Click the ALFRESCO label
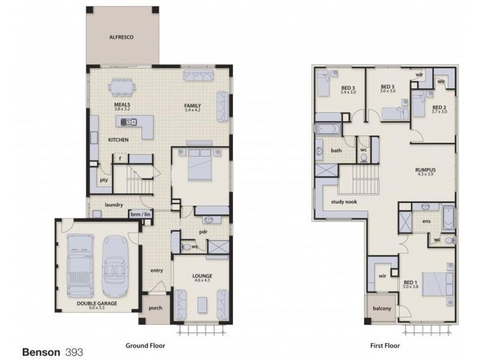(x=121, y=37)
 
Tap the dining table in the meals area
(x=122, y=86)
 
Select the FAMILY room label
(x=193, y=106)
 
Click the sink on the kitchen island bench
(x=127, y=122)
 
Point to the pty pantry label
(x=104, y=179)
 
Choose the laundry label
(x=113, y=205)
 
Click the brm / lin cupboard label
(x=140, y=214)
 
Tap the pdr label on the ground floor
(x=203, y=231)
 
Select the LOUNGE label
(x=202, y=276)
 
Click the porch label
(x=155, y=308)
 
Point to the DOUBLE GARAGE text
(x=97, y=304)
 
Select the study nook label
(x=344, y=202)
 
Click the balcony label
(x=382, y=309)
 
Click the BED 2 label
(x=439, y=108)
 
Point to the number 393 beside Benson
(x=74, y=351)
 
